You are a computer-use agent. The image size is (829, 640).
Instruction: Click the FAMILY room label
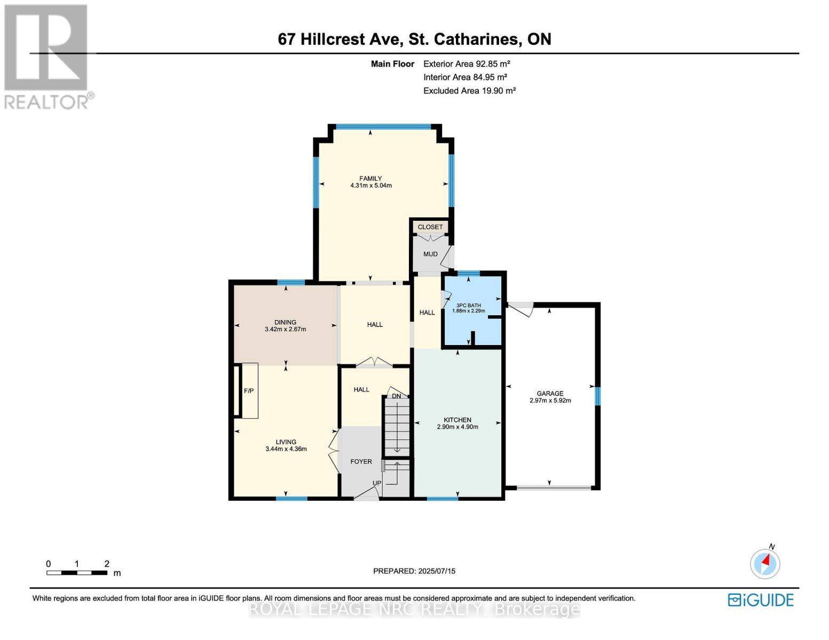point(370,179)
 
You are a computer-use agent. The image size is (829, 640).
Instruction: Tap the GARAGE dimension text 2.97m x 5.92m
point(550,401)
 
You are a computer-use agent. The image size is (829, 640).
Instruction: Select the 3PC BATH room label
point(468,305)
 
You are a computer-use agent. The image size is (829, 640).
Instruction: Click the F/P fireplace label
point(249,391)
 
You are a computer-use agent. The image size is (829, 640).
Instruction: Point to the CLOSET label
point(430,227)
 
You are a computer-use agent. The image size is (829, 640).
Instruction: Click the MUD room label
point(430,254)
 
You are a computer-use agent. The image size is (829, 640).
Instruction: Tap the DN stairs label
point(396,396)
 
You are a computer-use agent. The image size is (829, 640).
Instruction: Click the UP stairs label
point(377,483)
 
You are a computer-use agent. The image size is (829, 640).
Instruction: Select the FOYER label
point(361,461)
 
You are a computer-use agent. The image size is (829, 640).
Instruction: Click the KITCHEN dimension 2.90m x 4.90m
point(457,427)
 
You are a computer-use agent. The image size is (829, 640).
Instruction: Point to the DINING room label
point(285,322)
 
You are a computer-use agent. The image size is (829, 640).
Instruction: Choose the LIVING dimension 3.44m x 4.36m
point(286,449)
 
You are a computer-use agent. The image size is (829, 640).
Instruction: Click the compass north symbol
point(765,562)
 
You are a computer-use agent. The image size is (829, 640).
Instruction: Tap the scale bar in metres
point(77,573)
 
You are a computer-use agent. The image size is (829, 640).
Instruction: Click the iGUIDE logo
point(761,600)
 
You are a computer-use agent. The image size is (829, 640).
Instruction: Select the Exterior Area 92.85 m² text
point(467,63)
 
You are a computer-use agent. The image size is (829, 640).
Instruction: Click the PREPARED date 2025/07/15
point(414,571)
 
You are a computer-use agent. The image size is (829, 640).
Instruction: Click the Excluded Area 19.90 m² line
point(469,91)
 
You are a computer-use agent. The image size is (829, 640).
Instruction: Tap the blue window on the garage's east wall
point(598,396)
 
